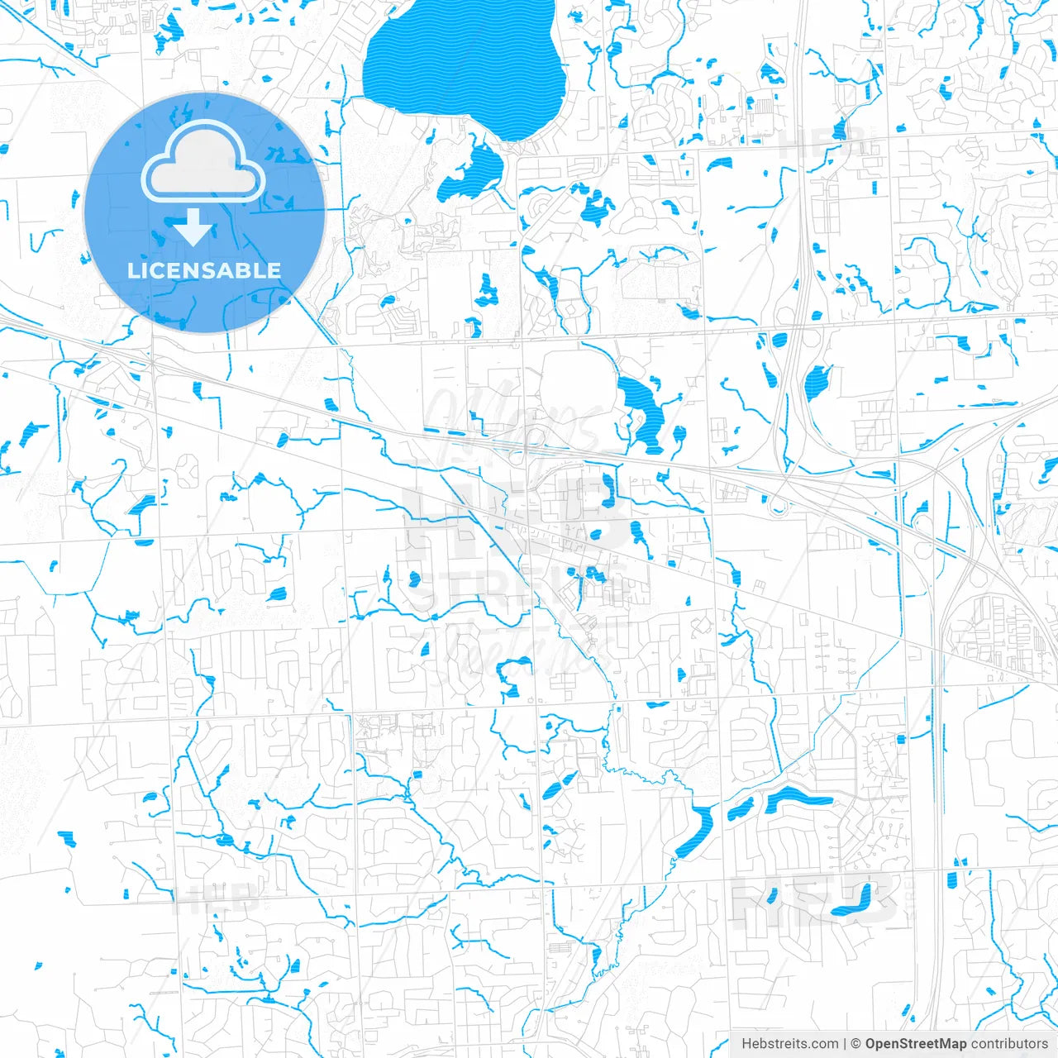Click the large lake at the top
[463, 66]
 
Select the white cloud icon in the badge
[203, 164]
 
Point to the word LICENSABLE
[203, 270]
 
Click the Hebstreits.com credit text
[789, 1044]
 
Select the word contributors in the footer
[1009, 1044]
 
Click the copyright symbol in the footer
[856, 1044]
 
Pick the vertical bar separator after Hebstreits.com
[845, 1044]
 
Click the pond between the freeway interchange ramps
[817, 382]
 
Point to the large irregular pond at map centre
[641, 409]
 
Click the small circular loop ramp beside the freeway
[776, 505]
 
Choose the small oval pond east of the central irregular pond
[679, 434]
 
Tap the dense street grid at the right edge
[1004, 632]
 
